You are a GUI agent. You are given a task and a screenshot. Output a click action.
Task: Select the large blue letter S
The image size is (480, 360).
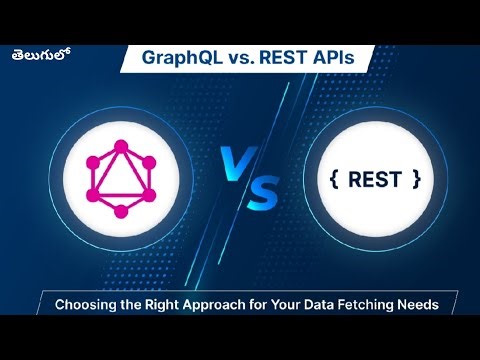[256, 191]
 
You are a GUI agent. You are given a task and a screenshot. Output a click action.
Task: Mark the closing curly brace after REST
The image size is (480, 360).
[415, 180]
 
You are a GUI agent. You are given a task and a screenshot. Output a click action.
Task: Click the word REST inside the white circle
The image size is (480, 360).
[373, 180]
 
